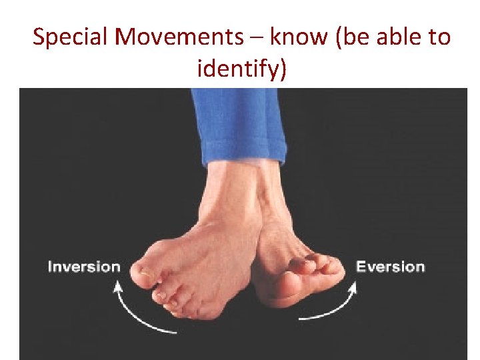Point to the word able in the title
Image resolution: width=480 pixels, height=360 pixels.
pos(399,37)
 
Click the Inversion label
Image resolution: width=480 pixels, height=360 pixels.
pos(84,267)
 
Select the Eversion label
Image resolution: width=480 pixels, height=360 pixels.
pos(390,267)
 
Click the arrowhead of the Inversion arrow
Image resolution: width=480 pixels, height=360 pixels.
pos(118,287)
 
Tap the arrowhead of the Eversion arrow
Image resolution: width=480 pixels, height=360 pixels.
pos(352,287)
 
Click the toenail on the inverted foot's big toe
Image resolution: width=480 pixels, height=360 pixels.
pos(145,273)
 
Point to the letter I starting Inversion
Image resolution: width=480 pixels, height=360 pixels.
pos(50,267)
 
